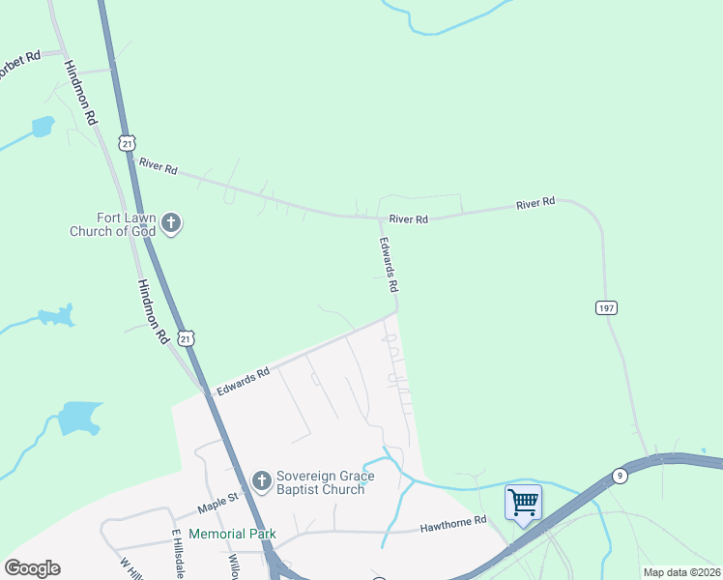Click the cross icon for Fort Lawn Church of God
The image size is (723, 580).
tap(170, 224)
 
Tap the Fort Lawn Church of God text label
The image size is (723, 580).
tap(112, 224)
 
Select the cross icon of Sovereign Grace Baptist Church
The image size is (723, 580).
tap(261, 480)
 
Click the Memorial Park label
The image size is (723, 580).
tap(232, 534)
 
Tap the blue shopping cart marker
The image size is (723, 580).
tap(523, 503)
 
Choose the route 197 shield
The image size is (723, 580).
tap(606, 307)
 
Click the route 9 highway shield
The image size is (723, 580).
tap(619, 475)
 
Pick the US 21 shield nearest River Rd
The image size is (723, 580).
tap(128, 143)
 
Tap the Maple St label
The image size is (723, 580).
tap(217, 502)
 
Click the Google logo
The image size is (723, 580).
tap(32, 568)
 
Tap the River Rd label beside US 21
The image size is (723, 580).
tap(159, 167)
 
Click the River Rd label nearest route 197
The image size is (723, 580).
tap(535, 203)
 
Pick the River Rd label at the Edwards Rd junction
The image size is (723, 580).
tap(408, 219)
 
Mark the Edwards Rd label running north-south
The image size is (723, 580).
tap(389, 266)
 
